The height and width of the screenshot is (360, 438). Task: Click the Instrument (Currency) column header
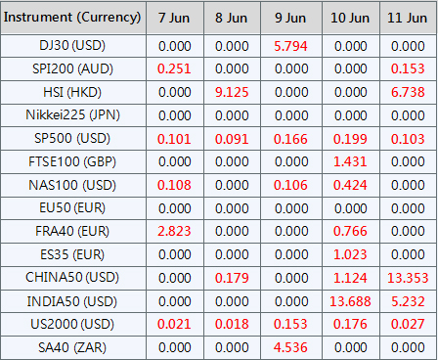tap(72, 18)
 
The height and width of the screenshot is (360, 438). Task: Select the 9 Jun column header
tap(290, 18)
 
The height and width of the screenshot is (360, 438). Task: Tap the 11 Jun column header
tap(408, 18)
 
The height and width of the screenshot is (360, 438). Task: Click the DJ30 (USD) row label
tap(72, 46)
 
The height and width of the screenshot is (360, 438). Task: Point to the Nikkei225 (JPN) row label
tap(72, 115)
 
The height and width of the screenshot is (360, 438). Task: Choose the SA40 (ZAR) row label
tap(72, 347)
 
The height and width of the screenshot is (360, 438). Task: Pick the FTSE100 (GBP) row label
tap(72, 161)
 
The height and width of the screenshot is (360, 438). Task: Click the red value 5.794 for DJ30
tap(290, 46)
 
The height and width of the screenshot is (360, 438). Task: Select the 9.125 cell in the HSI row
tap(232, 92)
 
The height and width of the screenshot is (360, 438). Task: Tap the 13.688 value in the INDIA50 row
tap(350, 301)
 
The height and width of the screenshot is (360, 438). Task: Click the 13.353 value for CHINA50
tap(408, 278)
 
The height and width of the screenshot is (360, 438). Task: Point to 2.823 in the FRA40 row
tap(174, 231)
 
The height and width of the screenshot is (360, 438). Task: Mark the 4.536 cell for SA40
tap(290, 347)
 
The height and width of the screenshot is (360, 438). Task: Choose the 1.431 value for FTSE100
tap(350, 161)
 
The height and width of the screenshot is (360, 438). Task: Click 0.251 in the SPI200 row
tap(174, 68)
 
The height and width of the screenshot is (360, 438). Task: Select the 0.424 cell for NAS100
tap(350, 185)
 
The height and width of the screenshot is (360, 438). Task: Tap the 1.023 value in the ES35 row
tap(350, 254)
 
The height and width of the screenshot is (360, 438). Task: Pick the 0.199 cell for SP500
tap(350, 139)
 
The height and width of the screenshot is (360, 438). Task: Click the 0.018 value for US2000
tap(232, 324)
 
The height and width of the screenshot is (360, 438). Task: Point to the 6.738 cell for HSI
tap(408, 92)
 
